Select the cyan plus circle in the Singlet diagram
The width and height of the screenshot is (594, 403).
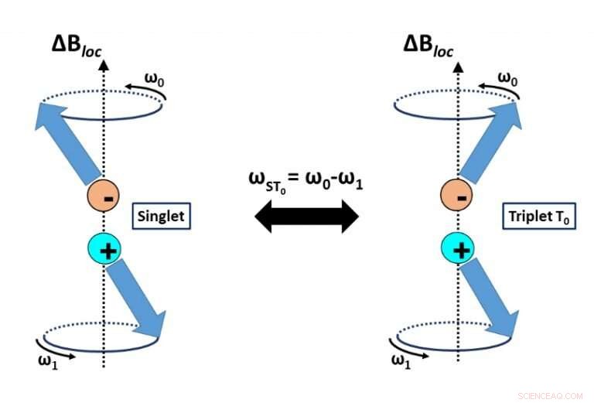point(104,250)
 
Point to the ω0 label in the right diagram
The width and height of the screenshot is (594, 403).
point(507,77)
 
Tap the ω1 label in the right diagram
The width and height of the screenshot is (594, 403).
point(401,360)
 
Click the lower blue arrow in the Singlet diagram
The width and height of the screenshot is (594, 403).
point(139,301)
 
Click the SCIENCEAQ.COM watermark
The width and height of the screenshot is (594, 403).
point(550,395)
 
